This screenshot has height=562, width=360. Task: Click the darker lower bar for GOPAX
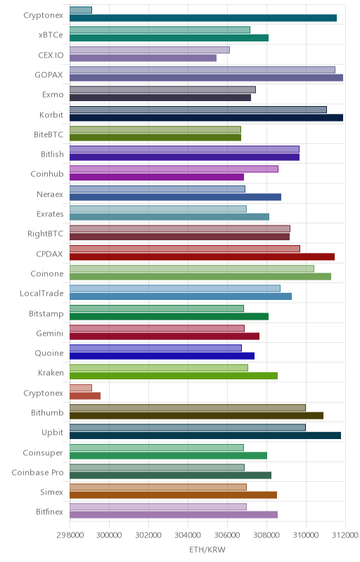coord(206,78)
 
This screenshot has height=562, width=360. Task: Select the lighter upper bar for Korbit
coord(198,110)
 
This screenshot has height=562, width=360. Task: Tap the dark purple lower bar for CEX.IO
coord(143,58)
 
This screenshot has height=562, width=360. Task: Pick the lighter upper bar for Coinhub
coord(174,169)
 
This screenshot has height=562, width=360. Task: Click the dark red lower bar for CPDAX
coord(202,256)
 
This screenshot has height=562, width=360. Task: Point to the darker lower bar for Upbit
coord(205,436)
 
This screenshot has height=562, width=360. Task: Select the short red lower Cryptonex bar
coord(85,396)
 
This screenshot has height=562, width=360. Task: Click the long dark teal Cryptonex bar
coord(203,18)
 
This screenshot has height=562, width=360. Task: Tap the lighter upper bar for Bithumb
coord(188,407)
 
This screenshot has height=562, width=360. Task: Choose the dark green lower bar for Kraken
coord(174,376)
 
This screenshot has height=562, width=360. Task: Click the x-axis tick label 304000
coord(188,535)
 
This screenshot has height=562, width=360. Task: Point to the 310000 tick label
coord(306,535)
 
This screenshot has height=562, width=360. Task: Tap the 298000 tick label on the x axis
coord(70,535)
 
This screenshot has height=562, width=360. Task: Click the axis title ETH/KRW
coord(207,549)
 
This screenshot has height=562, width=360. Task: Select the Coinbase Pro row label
coord(38,472)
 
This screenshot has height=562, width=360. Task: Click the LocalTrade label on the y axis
coord(41,293)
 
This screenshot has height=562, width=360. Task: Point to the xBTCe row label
coord(51,34)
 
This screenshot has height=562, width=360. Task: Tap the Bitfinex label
coord(49,512)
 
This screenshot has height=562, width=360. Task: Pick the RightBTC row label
coord(46,234)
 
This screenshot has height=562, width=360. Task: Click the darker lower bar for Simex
coord(173,495)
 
